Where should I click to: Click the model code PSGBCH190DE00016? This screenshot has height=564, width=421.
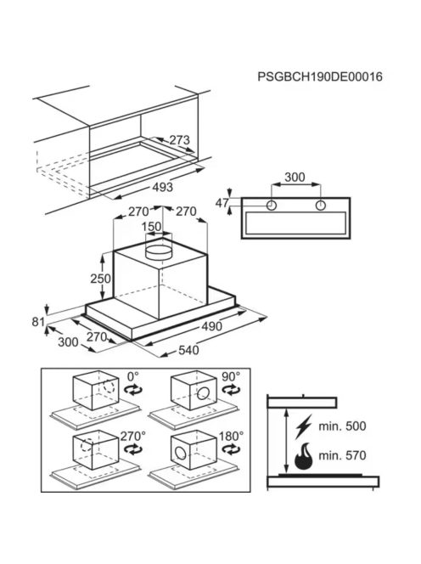pyautogui.click(x=320, y=76)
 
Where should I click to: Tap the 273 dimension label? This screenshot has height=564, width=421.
pyautogui.click(x=179, y=140)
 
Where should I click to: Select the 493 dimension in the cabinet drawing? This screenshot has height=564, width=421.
pyautogui.click(x=162, y=187)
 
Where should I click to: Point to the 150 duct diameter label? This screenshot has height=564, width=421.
pyautogui.click(x=151, y=227)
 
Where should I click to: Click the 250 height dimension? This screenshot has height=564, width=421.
pyautogui.click(x=100, y=278)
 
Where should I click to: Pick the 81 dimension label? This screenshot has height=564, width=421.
pyautogui.click(x=38, y=322)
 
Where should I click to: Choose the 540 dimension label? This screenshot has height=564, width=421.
pyautogui.click(x=188, y=350)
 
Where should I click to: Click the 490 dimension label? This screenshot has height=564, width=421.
pyautogui.click(x=211, y=327)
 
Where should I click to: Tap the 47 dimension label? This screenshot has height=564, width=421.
pyautogui.click(x=222, y=203)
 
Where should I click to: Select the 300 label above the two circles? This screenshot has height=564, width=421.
pyautogui.click(x=295, y=177)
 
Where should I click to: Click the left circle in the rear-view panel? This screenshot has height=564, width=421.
pyautogui.click(x=272, y=206)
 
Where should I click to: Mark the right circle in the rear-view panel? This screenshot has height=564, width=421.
pyautogui.click(x=320, y=206)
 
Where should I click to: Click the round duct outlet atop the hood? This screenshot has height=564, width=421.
pyautogui.click(x=158, y=251)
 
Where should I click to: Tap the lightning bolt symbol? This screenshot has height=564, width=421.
pyautogui.click(x=303, y=426)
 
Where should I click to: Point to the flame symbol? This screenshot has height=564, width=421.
pyautogui.click(x=303, y=456)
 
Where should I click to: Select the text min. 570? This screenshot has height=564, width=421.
pyautogui.click(x=342, y=455)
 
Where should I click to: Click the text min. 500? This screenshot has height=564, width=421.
pyautogui.click(x=342, y=426)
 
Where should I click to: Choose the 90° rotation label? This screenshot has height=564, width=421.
pyautogui.click(x=231, y=376)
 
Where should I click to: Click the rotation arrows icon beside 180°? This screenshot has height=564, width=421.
pyautogui.click(x=232, y=449)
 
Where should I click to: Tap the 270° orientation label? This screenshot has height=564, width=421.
pyautogui.click(x=133, y=436)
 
